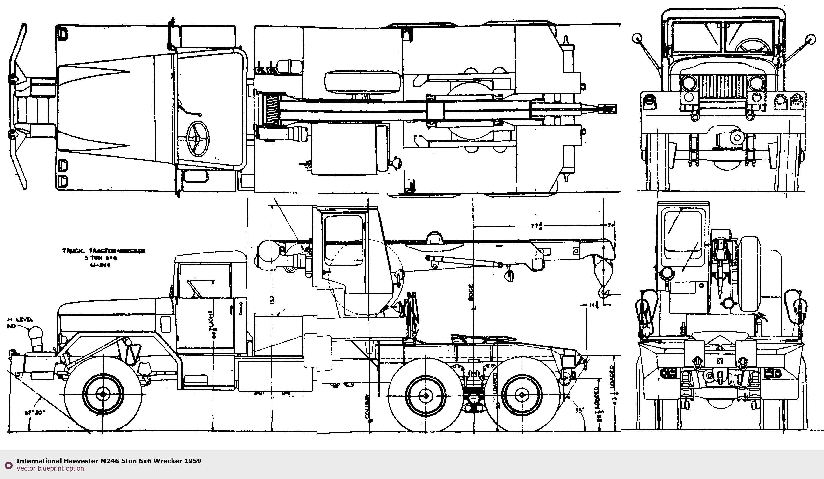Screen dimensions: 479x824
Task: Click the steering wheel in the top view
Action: (198, 139)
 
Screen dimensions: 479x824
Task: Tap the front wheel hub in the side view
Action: (103, 394)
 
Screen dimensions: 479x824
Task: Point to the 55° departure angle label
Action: (579, 410)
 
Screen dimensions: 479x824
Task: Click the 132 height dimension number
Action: (272, 300)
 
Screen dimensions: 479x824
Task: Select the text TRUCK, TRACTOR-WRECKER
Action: (104, 251)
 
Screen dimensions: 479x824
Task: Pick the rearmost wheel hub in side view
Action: (522, 395)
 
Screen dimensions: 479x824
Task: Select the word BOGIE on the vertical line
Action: (471, 292)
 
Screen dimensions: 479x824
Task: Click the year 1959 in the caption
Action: (192, 461)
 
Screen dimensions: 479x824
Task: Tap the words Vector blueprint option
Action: (50, 468)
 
